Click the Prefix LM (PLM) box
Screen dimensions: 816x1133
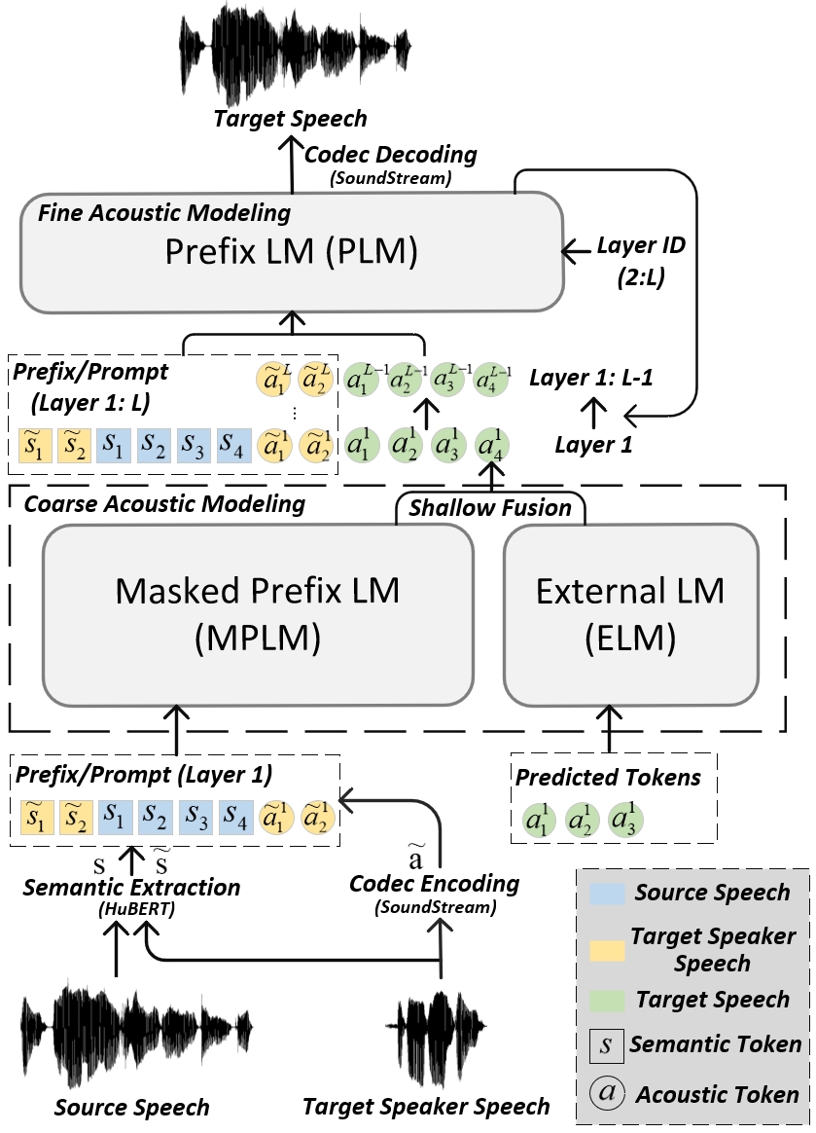pos(292,252)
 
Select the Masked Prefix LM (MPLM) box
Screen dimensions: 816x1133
pos(258,614)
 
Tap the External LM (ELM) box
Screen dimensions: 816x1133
pos(630,614)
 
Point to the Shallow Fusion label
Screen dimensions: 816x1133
pos(490,507)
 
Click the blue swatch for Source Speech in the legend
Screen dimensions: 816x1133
pos(607,894)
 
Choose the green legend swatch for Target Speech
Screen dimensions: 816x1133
pos(607,1001)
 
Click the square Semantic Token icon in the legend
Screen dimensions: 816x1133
pos(606,1045)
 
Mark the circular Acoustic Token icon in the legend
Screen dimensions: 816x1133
pos(607,1092)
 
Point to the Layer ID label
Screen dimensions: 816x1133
pos(641,245)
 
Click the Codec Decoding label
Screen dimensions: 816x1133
pos(391,154)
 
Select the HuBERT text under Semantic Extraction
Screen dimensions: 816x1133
pos(136,910)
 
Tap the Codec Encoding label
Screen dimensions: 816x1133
pos(434,884)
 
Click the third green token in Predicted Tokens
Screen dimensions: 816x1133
pos(626,819)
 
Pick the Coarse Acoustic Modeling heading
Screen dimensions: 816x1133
pos(164,503)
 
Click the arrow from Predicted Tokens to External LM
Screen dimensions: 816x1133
pos(610,728)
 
